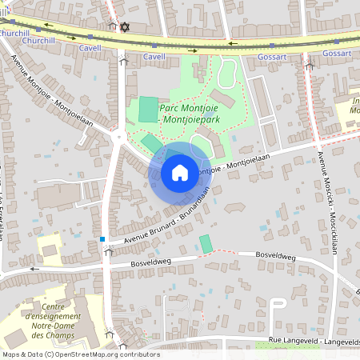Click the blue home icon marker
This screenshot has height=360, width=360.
point(180,173)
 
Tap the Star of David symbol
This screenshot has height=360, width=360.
point(123,27)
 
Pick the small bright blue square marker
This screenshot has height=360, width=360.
point(102,238)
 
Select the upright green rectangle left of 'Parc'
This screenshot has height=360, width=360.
point(148,110)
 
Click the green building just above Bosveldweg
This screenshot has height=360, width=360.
point(206,243)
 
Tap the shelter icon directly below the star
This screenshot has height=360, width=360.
point(123,60)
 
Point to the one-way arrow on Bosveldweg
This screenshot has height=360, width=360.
point(34,270)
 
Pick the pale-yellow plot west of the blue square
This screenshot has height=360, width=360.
point(50,249)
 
